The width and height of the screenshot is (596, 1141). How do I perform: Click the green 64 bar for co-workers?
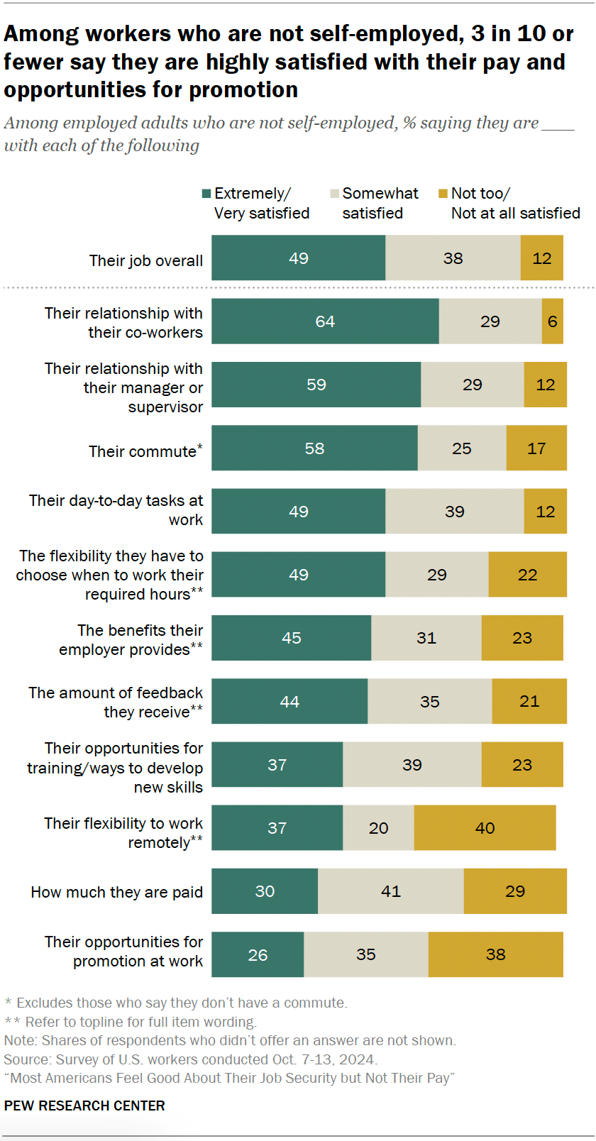tap(325, 321)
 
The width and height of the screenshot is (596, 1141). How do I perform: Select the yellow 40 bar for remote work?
tap(485, 828)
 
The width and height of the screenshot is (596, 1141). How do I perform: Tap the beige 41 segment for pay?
tap(391, 891)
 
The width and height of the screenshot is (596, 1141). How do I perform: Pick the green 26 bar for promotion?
tap(258, 954)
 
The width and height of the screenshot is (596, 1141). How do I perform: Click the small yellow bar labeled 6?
tap(552, 321)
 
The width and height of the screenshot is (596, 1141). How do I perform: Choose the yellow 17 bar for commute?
tap(536, 448)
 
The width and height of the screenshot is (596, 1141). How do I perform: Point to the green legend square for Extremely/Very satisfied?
tap(206, 194)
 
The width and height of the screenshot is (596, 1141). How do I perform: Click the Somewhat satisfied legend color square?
tap(334, 194)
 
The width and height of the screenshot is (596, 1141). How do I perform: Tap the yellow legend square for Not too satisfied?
tap(443, 194)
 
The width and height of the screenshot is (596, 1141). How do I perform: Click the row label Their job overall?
tap(145, 260)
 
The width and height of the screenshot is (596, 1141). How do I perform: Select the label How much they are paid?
tap(116, 892)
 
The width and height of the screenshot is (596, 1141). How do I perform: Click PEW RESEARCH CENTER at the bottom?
tap(84, 1106)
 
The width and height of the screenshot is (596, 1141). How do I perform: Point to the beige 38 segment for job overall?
tap(453, 258)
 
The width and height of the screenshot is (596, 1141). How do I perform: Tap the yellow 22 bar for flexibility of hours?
tap(527, 575)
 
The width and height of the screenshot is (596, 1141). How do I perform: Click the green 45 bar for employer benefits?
tap(291, 638)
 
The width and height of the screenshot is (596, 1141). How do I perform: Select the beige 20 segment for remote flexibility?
tap(378, 828)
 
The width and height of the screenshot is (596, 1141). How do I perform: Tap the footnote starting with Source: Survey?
tap(190, 1059)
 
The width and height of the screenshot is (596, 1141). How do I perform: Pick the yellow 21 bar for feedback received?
tap(529, 701)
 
